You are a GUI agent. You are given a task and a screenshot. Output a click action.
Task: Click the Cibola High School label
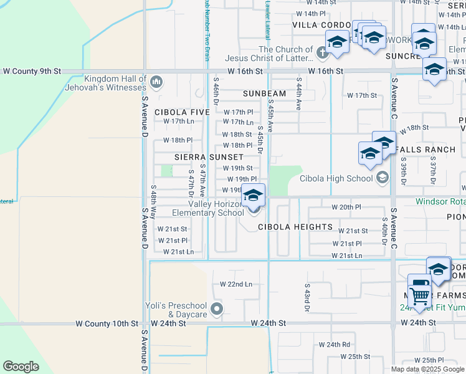(336, 178)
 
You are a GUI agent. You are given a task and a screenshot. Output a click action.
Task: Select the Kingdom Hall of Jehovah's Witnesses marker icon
(156, 81)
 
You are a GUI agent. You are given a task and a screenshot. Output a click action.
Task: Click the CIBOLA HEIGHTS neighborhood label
(295, 227)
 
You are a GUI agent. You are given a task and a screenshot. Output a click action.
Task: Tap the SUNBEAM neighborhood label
(264, 93)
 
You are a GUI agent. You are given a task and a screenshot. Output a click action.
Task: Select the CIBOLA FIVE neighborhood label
(183, 112)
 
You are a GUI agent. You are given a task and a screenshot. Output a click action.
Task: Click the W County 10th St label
(107, 324)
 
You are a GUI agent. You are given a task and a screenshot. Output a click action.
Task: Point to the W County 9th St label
(31, 72)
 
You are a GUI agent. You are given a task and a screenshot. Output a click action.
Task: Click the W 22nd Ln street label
(236, 284)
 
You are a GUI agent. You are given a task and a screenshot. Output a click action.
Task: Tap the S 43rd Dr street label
(307, 298)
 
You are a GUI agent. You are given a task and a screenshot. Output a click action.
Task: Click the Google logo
(21, 367)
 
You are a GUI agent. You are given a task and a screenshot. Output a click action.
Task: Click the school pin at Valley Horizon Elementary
(253, 197)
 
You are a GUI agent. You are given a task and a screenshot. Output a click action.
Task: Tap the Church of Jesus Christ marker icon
(322, 54)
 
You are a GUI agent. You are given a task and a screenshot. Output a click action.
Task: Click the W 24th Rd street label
(335, 344)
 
